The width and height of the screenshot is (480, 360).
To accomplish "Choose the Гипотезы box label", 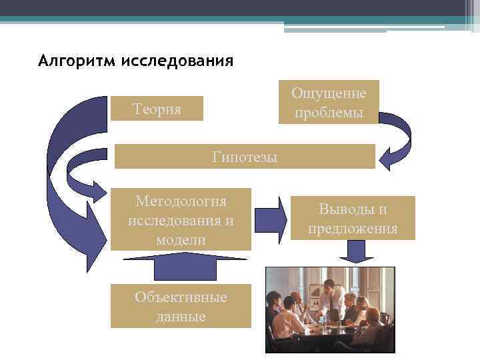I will coord(245,157).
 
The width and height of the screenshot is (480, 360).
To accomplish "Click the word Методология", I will coord(181,201).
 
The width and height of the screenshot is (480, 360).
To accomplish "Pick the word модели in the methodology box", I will coord(181,239).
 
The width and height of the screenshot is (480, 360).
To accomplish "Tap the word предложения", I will coord(353,229).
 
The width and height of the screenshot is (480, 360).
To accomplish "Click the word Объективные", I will coord(181,297).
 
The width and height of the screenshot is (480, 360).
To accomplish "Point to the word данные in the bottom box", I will coord(181,316).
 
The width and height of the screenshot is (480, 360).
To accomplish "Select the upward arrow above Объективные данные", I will coord(181,267).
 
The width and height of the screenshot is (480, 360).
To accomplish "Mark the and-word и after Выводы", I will coord(383,209).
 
